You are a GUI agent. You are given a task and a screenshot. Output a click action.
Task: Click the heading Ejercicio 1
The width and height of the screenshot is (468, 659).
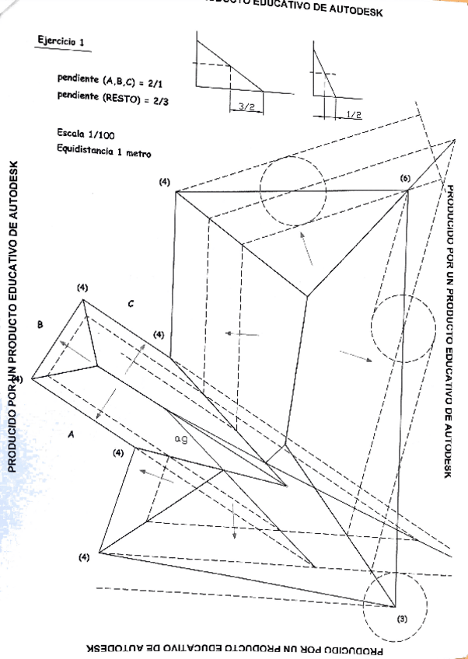[60, 41]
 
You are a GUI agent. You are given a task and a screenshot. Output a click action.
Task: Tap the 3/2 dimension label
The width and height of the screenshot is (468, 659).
[246, 106]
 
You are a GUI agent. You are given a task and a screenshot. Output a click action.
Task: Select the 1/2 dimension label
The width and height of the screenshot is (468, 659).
[353, 114]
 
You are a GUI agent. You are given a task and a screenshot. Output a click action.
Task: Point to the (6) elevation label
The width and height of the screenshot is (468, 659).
[405, 178]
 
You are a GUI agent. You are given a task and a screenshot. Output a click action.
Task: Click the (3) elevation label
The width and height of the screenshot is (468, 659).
[401, 619]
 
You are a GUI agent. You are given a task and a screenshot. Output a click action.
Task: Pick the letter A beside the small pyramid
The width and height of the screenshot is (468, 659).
[71, 435]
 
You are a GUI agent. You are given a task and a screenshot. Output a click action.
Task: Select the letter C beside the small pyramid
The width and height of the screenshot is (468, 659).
[131, 304]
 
